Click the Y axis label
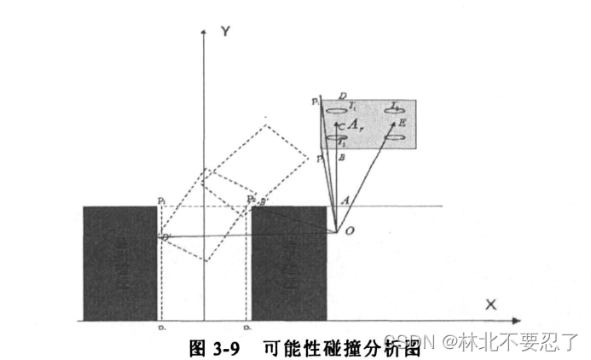pos(226,31)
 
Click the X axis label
pos(490,305)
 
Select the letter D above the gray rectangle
pos(341,96)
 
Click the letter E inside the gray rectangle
pos(402,125)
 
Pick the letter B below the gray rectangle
pos(341,158)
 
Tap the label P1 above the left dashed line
pos(161,200)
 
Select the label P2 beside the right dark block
pos(251,199)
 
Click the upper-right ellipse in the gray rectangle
pos(394,109)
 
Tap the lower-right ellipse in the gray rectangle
pos(394,136)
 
